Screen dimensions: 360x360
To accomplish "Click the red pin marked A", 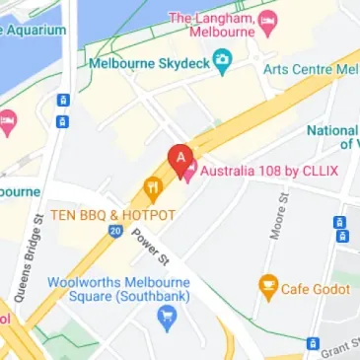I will pos(180,157).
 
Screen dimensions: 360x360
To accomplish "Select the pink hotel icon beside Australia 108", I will pos(188,171).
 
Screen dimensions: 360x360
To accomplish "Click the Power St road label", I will pos(152,247).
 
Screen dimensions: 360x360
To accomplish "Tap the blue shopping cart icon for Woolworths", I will pos(166,317).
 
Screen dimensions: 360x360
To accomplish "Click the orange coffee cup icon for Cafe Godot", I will pos(267,288).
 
